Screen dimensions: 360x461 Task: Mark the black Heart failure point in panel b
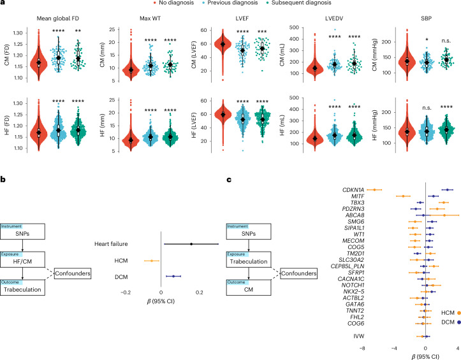191,244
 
